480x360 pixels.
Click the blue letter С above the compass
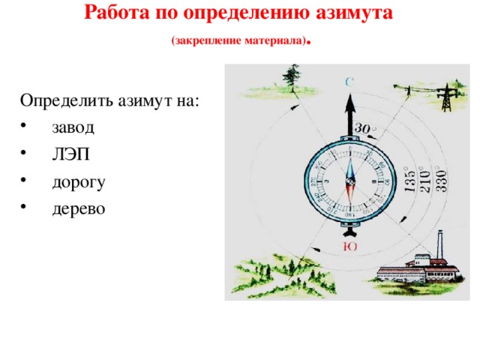[x=349, y=80]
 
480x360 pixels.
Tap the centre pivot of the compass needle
[x=349, y=181]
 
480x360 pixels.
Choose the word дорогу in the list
[x=79, y=181]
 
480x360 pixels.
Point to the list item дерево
[x=78, y=208]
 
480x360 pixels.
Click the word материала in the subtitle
[x=275, y=41]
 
